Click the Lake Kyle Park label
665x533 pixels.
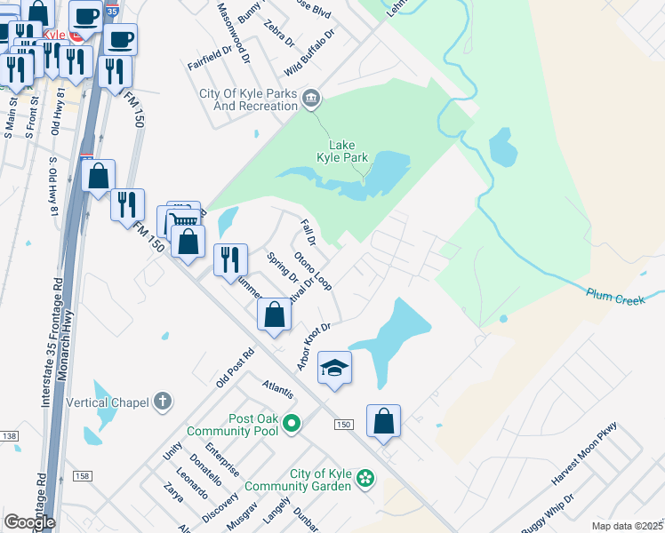pos(349,151)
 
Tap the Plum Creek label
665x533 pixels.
pos(615,296)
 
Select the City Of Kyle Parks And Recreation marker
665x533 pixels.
pos(311,99)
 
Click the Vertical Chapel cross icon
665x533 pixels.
pos(161,402)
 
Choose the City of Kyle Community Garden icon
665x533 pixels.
pos(365,480)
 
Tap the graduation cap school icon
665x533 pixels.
pos(334,369)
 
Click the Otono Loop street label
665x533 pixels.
pos(313,269)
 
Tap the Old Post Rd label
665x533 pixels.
pos(235,367)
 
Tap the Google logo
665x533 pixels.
pos(29,522)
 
